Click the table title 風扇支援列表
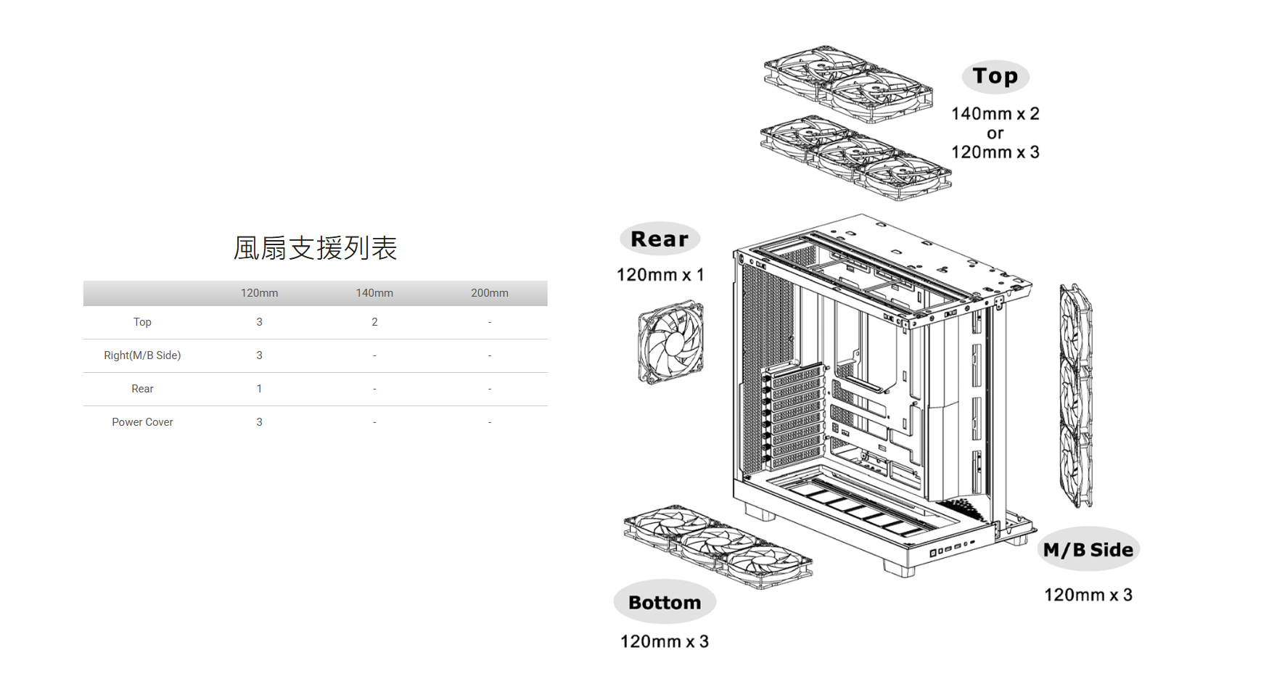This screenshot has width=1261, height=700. [x=315, y=248]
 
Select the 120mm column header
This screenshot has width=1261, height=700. [x=259, y=293]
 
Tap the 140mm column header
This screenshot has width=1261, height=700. [x=374, y=293]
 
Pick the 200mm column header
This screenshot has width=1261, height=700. [x=490, y=293]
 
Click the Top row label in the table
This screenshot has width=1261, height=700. [x=142, y=322]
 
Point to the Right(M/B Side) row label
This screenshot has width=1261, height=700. [x=142, y=355]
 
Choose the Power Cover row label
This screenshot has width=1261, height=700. [x=142, y=422]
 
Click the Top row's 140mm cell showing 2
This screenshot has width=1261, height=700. [x=374, y=322]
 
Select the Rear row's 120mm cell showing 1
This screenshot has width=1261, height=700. [x=259, y=389]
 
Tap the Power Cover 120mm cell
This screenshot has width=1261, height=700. [x=259, y=422]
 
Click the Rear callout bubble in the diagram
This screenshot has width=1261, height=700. [x=660, y=239]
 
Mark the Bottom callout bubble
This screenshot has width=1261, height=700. [x=665, y=602]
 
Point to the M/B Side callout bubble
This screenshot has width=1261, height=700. [x=1088, y=550]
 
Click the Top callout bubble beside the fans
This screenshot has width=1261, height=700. [x=995, y=76]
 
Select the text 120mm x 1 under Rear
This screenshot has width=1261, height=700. [x=660, y=275]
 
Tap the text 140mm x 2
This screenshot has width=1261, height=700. [x=995, y=114]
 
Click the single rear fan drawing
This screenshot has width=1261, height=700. [x=670, y=342]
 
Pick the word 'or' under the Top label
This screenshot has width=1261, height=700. [x=995, y=133]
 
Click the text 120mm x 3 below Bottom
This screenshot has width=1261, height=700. [x=665, y=641]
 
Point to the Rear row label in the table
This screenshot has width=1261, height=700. [x=142, y=389]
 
